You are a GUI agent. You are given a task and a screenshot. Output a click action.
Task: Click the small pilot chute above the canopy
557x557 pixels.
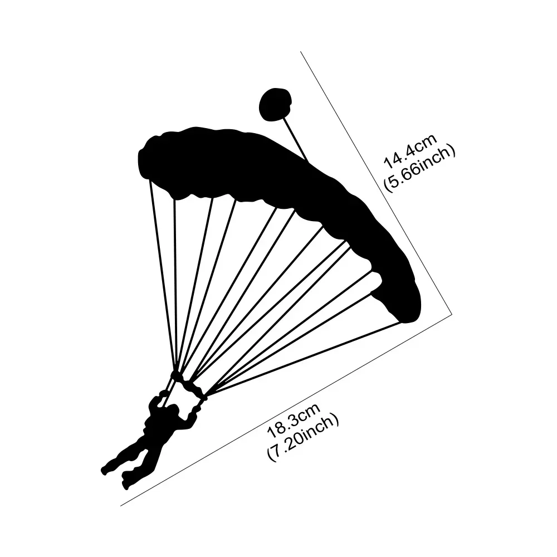point(275,104)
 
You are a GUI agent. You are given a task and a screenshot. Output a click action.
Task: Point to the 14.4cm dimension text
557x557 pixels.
point(411,152)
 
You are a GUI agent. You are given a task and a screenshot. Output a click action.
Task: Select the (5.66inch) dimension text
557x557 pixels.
point(419,169)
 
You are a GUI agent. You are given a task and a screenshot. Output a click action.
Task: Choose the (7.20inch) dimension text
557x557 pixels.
point(302,438)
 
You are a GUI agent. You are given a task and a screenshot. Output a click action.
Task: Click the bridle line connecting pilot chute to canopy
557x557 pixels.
point(295,139)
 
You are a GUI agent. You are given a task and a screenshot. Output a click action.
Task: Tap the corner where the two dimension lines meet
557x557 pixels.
point(452,314)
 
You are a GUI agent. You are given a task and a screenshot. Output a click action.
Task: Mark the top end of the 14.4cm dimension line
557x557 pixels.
point(301,51)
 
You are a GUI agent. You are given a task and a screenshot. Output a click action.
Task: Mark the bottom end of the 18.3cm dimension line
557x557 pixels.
point(121,505)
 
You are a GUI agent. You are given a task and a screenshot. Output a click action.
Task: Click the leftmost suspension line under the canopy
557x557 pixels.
point(162,276)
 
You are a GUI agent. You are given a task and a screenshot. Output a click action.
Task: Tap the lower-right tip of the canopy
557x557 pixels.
point(405,321)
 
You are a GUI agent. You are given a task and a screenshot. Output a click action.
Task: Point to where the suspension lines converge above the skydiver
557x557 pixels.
point(177,375)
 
